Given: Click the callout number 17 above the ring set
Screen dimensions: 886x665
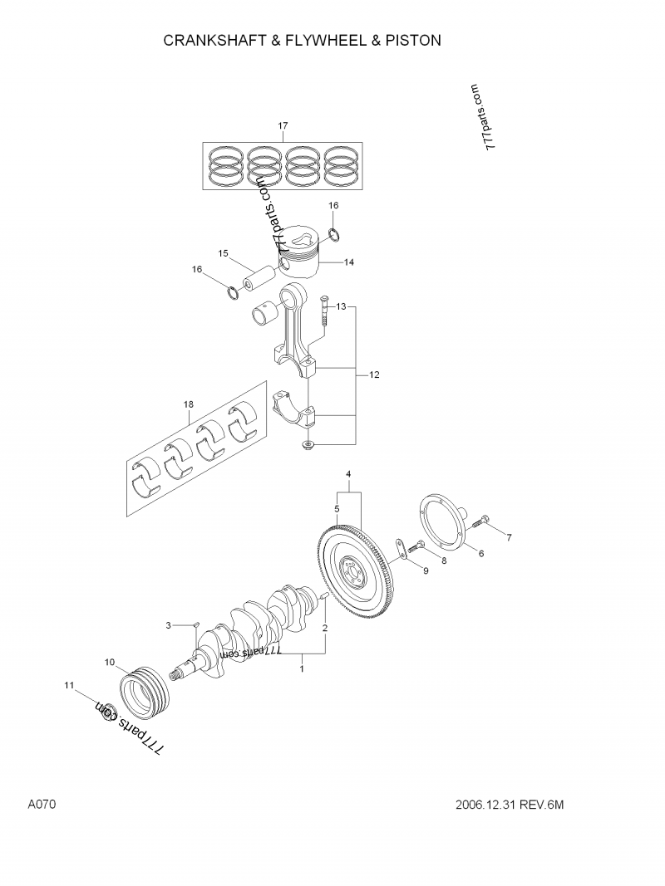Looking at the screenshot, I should coord(283,126).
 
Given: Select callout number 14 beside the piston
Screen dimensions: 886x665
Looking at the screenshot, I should coord(349,262).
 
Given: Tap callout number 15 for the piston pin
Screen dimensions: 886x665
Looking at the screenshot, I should coord(224,253).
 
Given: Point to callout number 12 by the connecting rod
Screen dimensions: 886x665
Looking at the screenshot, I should coord(374,375).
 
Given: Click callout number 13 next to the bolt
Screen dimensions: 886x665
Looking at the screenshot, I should coord(341,307).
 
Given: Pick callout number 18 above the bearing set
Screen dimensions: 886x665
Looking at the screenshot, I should coord(188,404).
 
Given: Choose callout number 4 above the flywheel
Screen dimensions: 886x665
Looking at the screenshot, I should coord(349,474).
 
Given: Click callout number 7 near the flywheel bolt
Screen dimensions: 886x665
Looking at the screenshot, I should coord(509,537).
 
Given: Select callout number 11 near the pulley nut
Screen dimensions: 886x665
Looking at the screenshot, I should coord(70,685).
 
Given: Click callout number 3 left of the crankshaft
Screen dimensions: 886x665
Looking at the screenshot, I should coord(168,624).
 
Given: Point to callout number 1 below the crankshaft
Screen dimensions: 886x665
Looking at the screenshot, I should coord(302,668).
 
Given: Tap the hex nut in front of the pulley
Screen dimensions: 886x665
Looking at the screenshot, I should coord(106,711).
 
